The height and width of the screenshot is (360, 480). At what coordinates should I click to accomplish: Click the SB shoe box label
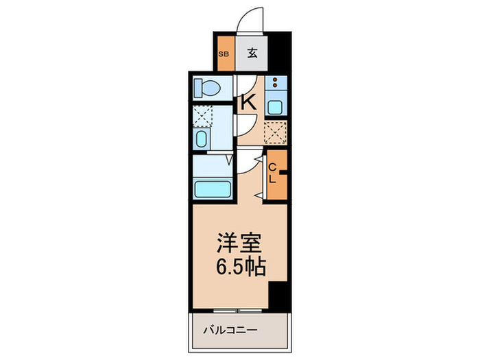pyautogui.click(x=224, y=53)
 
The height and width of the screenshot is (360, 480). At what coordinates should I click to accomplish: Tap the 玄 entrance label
pyautogui.click(x=252, y=53)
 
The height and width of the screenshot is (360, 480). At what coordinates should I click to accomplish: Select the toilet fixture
pyautogui.click(x=206, y=88)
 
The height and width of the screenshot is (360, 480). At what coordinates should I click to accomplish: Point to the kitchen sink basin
pyautogui.click(x=275, y=106)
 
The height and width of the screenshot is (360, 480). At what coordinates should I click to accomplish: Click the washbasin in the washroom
pyautogui.click(x=202, y=141)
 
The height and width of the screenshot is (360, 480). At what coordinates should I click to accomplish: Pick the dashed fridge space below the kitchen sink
pyautogui.click(x=275, y=131)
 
